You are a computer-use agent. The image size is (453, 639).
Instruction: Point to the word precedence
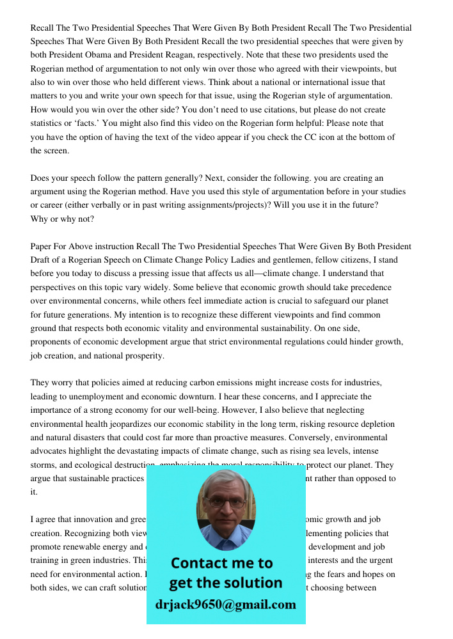tap(369, 288)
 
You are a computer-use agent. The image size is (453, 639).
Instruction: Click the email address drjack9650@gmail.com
tap(225, 604)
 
